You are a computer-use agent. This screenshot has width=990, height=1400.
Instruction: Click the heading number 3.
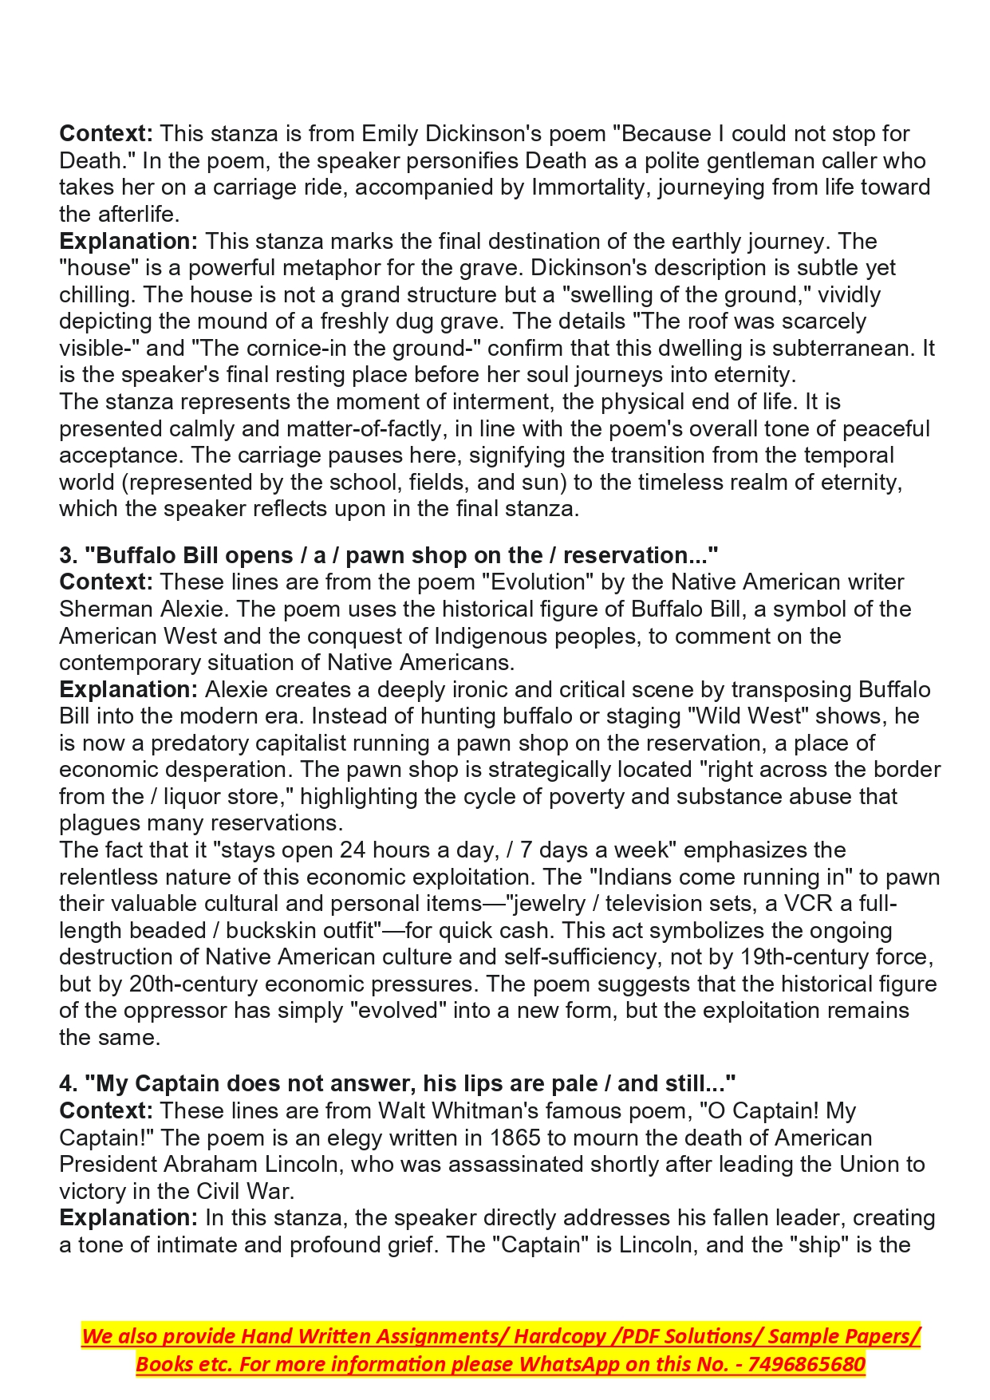coord(67,555)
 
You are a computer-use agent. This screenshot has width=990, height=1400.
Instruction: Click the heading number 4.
coord(67,1083)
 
